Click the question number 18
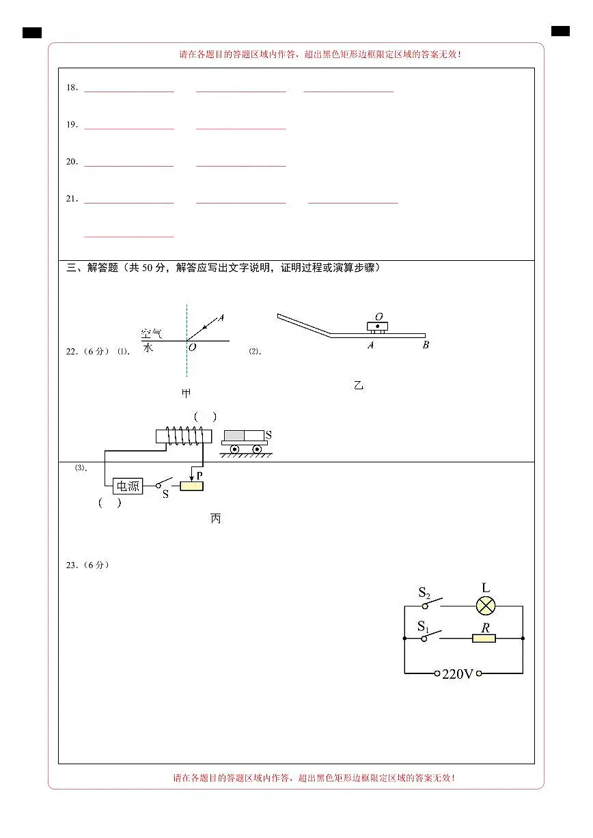[x=72, y=87]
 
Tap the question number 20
[x=72, y=162]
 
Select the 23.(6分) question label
[x=87, y=565]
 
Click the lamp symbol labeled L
[x=486, y=606]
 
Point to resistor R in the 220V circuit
[x=484, y=638]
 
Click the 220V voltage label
[x=458, y=674]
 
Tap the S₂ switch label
[x=424, y=593]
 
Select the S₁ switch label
[x=423, y=626]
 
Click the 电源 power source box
[x=128, y=486]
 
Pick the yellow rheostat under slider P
[x=191, y=486]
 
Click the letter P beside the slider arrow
[x=199, y=475]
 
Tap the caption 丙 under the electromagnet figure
[x=216, y=518]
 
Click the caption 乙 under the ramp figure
[x=359, y=385]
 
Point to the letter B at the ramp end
[x=426, y=345]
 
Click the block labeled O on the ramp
[x=378, y=326]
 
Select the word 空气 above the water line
[x=151, y=333]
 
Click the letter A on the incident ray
[x=221, y=318]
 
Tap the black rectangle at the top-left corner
[x=32, y=33]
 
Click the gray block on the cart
[x=234, y=436]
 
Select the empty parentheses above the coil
[x=206, y=417]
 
